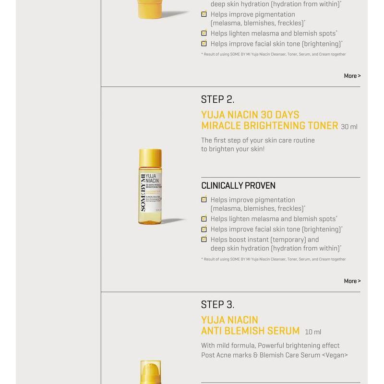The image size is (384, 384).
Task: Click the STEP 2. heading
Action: click(217, 99)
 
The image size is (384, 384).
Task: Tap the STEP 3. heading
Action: click(217, 305)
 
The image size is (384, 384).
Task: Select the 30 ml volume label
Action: click(349, 127)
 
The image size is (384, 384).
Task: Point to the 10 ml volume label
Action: click(313, 332)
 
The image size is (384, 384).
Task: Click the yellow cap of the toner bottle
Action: click(150, 157)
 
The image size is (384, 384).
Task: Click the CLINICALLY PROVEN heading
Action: click(238, 186)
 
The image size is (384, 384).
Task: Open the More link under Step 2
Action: click(352, 281)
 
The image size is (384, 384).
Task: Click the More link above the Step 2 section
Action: click(352, 76)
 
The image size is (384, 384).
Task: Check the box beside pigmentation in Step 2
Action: click(204, 200)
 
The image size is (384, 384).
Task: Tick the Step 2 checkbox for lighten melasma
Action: click(204, 219)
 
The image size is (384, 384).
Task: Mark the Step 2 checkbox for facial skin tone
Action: click(204, 229)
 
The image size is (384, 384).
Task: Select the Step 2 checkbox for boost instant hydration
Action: click(204, 240)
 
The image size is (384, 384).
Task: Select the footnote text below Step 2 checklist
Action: click(273, 259)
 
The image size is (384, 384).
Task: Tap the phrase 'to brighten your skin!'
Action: click(233, 149)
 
